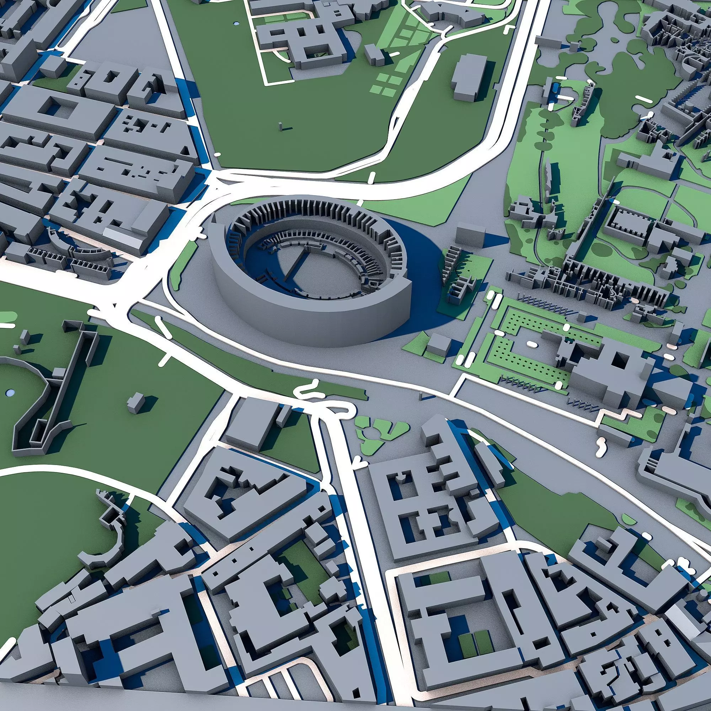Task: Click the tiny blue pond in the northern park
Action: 236,23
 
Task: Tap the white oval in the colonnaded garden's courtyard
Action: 531,343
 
